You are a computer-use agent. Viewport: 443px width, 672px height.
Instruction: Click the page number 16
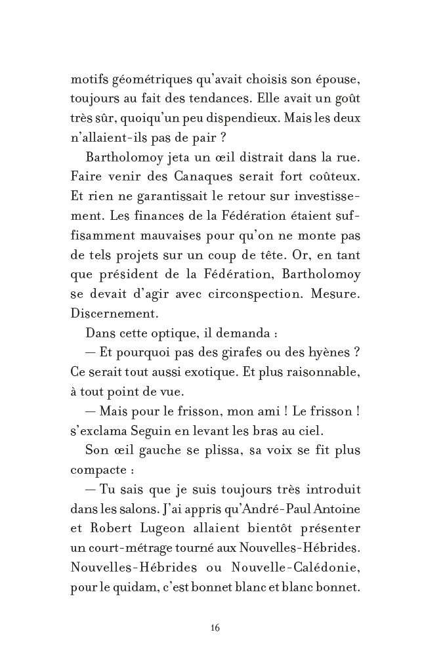[215, 627]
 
